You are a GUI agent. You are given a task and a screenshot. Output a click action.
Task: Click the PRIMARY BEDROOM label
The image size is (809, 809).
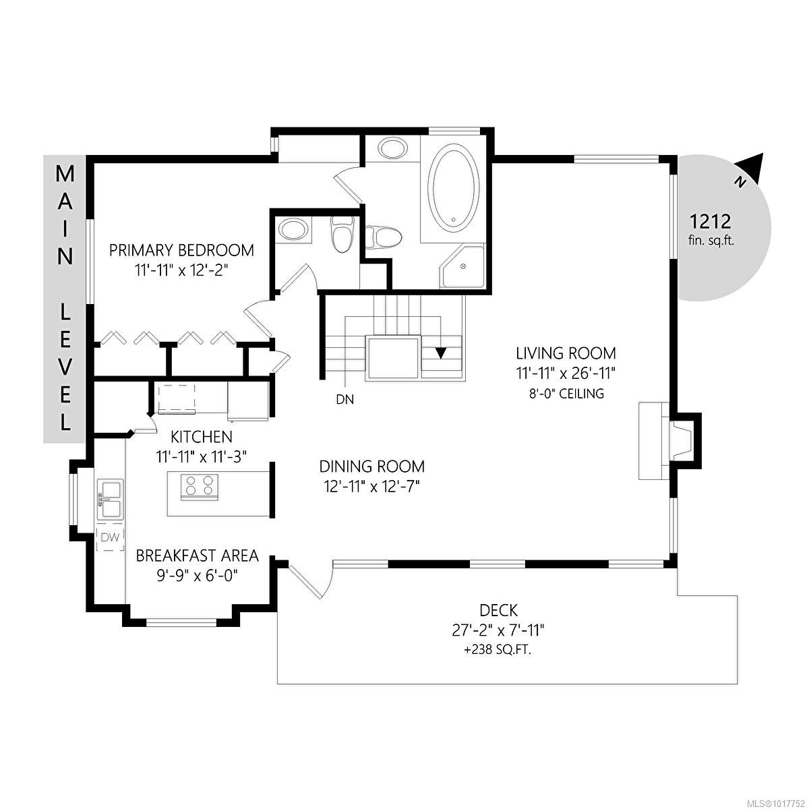(x=181, y=250)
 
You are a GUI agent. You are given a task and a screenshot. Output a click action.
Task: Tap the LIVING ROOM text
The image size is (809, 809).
(x=566, y=353)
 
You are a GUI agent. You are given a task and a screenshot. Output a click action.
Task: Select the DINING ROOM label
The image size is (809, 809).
(x=371, y=466)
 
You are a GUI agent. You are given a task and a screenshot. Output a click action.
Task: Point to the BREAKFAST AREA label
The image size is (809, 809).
(x=197, y=556)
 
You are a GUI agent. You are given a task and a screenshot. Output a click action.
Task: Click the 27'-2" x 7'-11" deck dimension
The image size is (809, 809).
(x=498, y=630)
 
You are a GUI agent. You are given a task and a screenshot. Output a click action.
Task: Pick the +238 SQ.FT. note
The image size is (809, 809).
(x=498, y=651)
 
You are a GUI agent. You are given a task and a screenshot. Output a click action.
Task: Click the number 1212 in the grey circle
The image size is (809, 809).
(x=710, y=220)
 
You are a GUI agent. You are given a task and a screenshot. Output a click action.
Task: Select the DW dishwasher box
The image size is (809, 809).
(x=110, y=537)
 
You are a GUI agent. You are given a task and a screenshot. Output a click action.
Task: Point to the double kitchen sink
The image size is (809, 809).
(x=110, y=499)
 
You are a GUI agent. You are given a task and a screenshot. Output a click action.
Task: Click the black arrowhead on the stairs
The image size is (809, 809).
(x=442, y=353)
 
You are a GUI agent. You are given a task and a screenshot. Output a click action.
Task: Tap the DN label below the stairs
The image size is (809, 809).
(x=344, y=399)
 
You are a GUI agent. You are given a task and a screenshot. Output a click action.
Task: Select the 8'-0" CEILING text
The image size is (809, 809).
(x=566, y=393)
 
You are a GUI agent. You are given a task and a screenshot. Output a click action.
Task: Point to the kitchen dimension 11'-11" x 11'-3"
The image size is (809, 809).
(x=202, y=456)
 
